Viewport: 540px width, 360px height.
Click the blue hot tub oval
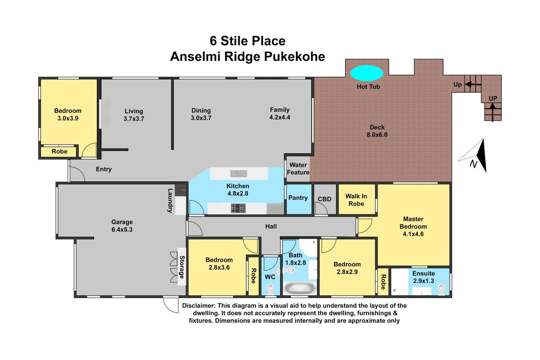pyautogui.click(x=367, y=73)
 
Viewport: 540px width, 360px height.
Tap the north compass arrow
pyautogui.click(x=475, y=156)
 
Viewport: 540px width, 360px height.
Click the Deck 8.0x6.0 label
pyautogui.click(x=377, y=131)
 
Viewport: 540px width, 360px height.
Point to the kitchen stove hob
pyautogui.click(x=238, y=208)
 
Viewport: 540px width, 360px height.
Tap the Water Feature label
pyautogui.click(x=298, y=169)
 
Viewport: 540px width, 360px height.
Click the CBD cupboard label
pyautogui.click(x=324, y=199)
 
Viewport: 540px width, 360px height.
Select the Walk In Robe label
pyautogui.click(x=356, y=200)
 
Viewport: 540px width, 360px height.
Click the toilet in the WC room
pyautogui.click(x=270, y=288)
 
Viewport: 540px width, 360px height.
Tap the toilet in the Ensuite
pyautogui.click(x=441, y=288)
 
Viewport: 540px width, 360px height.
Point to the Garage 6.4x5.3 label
pyautogui.click(x=122, y=226)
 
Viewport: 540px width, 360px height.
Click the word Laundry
pyautogui.click(x=170, y=200)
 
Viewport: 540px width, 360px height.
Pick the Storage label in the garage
pyautogui.click(x=182, y=267)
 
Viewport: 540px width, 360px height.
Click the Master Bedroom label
pyautogui.click(x=413, y=226)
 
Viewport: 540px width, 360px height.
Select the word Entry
pyautogui.click(x=104, y=169)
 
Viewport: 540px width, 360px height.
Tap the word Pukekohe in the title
pyautogui.click(x=295, y=56)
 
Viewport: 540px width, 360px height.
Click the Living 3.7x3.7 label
pyautogui.click(x=134, y=115)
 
